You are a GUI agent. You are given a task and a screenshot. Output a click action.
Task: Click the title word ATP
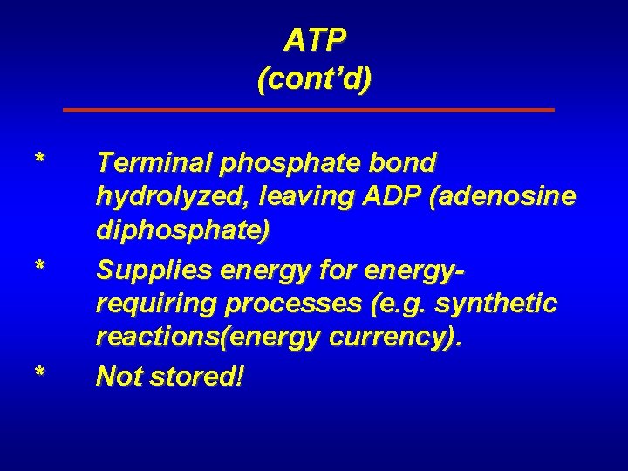pyautogui.click(x=315, y=39)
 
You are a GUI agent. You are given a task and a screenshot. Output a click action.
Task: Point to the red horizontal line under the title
pyautogui.click(x=310, y=110)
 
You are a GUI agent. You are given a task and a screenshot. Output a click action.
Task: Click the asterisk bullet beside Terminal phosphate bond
pyautogui.click(x=39, y=160)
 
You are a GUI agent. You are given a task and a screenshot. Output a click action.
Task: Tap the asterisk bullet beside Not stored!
pyautogui.click(x=39, y=372)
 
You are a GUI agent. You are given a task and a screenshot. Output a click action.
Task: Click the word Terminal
pyautogui.click(x=154, y=163)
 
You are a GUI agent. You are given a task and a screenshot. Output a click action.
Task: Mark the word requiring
pyautogui.click(x=148, y=305)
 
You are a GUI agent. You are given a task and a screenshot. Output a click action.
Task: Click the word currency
pyautogui.click(x=402, y=340)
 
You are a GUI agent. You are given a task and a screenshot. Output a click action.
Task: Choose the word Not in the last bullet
pyautogui.click(x=119, y=376)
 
